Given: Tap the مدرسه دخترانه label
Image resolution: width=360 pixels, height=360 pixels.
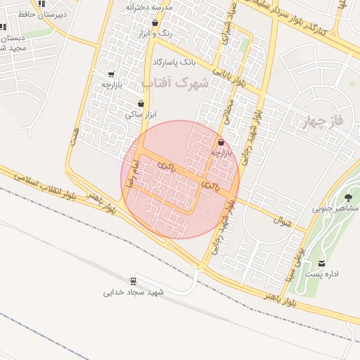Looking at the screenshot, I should pos(150,6).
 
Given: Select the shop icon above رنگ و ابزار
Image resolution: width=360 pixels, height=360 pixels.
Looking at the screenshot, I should pos(154,23).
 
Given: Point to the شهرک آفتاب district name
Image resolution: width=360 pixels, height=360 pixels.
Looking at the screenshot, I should pos(176,83).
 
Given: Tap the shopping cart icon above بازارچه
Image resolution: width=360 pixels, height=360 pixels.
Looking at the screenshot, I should pos(111,75).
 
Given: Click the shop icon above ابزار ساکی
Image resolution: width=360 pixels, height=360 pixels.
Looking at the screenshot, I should pos(141,103).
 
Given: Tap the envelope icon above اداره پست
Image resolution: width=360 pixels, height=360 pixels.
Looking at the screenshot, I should pos(322,263).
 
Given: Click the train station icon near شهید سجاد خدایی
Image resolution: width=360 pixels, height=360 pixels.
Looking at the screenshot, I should pos(132,280).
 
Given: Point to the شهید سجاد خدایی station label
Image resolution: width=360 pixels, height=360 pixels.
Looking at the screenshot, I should pos(134,292).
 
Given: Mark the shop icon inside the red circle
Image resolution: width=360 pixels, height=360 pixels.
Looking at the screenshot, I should pos(221,142).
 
